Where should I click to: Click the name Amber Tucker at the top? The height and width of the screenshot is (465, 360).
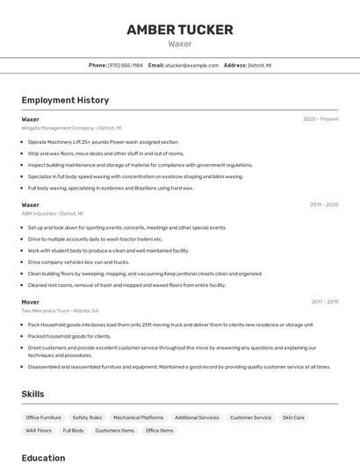(180, 30)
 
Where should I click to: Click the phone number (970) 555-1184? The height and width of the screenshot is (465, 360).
(125, 65)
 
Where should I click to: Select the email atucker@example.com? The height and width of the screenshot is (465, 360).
(191, 65)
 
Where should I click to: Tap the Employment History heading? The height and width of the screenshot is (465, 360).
(65, 100)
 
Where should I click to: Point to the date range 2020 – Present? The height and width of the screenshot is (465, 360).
(320, 118)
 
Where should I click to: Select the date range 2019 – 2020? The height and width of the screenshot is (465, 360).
(324, 204)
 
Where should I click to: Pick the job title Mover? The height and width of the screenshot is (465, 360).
(31, 302)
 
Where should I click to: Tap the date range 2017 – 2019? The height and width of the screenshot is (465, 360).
(324, 302)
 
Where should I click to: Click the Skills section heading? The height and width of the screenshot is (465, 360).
(32, 394)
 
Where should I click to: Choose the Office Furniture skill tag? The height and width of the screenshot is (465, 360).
(44, 418)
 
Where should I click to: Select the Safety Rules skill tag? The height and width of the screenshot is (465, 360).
(87, 418)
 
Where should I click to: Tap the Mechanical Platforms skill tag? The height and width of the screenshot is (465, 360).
(138, 418)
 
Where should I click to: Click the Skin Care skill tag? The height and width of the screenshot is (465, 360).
(293, 418)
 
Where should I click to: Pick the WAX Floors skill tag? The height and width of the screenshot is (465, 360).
(39, 431)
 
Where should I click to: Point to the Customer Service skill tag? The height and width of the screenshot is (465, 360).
(250, 418)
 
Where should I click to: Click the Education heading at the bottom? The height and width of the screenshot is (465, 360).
(43, 457)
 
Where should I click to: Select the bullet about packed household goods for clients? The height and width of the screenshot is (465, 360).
(69, 336)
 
